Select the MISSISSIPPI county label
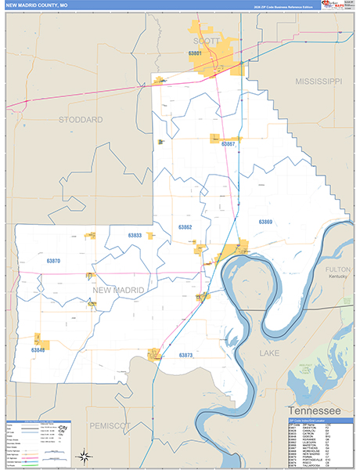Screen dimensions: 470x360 click(x=319, y=81)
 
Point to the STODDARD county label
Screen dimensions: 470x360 click(x=81, y=119)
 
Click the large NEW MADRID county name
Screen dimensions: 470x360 click(x=119, y=290)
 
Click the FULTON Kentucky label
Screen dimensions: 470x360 click(x=337, y=270)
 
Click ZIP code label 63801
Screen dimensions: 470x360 click(x=196, y=53)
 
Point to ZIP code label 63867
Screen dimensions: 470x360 click(x=229, y=144)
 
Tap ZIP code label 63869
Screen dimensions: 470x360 click(x=266, y=222)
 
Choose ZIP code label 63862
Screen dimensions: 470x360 click(x=185, y=227)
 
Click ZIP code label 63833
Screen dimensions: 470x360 click(x=135, y=235)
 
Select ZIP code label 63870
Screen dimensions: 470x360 click(x=53, y=260)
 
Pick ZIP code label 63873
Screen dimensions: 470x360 click(x=185, y=355)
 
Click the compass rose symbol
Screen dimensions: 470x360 click(x=82, y=455)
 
